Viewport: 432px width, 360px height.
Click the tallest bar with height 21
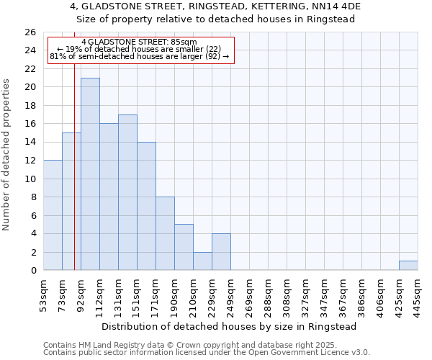pyautogui.click(x=90, y=174)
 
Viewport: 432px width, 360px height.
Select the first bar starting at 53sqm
pyautogui.click(x=53, y=215)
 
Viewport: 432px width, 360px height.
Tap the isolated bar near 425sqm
pyautogui.click(x=408, y=266)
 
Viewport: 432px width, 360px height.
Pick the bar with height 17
pyautogui.click(x=127, y=192)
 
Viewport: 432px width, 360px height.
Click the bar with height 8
pyautogui.click(x=165, y=234)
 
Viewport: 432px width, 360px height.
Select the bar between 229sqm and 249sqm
pyautogui.click(x=221, y=252)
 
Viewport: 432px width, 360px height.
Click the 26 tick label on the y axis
pyautogui.click(x=30, y=32)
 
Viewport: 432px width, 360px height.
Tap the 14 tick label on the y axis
pyautogui.click(x=30, y=143)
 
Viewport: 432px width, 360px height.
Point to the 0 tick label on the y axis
pyautogui.click(x=33, y=271)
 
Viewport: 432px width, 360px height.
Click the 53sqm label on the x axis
pyautogui.click(x=43, y=294)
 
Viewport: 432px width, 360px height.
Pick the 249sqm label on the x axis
pyautogui.click(x=230, y=294)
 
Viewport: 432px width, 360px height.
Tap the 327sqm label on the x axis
pyautogui.click(x=305, y=294)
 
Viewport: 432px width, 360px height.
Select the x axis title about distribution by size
pyautogui.click(x=230, y=326)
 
